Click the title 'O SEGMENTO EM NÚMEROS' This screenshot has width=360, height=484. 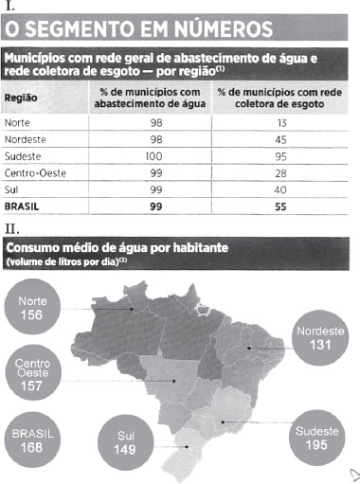click(139, 28)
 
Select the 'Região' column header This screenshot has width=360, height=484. click(21, 98)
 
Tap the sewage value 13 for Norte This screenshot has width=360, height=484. click(282, 123)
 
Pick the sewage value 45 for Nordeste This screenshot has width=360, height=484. click(280, 139)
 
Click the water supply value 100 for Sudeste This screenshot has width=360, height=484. click(153, 156)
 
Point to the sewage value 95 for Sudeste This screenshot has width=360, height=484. click(280, 156)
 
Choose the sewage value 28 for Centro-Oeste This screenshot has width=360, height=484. click(280, 173)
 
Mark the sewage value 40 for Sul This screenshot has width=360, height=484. click(280, 189)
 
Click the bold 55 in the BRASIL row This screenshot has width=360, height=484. click(280, 206)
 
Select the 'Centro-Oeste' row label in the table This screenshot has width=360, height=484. click(35, 173)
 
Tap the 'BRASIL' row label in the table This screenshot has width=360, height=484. click(22, 206)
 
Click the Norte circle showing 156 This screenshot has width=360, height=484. click(32, 307)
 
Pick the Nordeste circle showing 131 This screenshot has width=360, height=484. click(320, 338)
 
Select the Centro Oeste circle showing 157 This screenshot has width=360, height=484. click(33, 372)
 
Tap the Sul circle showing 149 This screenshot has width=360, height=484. click(126, 442)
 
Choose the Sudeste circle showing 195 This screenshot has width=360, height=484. click(317, 438)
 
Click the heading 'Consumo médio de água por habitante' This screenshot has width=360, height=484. click(117, 248)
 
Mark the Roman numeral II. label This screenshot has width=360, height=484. click(12, 229)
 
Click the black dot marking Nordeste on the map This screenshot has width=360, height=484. click(249, 348)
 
